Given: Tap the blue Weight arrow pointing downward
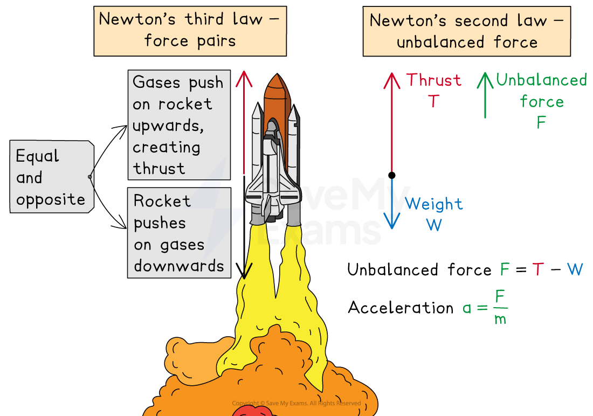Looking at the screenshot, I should (392, 205).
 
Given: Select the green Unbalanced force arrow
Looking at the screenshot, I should (485, 95).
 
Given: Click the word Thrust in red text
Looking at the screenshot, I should (434, 80).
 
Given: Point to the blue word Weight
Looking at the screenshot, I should (434, 204).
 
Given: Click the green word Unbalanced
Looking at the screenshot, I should (541, 80).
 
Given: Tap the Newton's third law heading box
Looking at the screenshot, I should (190, 31).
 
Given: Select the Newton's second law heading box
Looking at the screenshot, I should (466, 31).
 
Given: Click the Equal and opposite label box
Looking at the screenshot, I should (51, 177).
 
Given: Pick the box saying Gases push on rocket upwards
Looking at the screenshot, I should (178, 125).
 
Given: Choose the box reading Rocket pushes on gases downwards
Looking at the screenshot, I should (178, 233).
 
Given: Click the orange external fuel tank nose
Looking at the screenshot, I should (274, 86).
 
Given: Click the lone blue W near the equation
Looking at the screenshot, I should (575, 269).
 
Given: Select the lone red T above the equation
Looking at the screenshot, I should (537, 269).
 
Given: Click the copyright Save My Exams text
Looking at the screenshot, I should (296, 403).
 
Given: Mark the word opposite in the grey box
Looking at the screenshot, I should (51, 199).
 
